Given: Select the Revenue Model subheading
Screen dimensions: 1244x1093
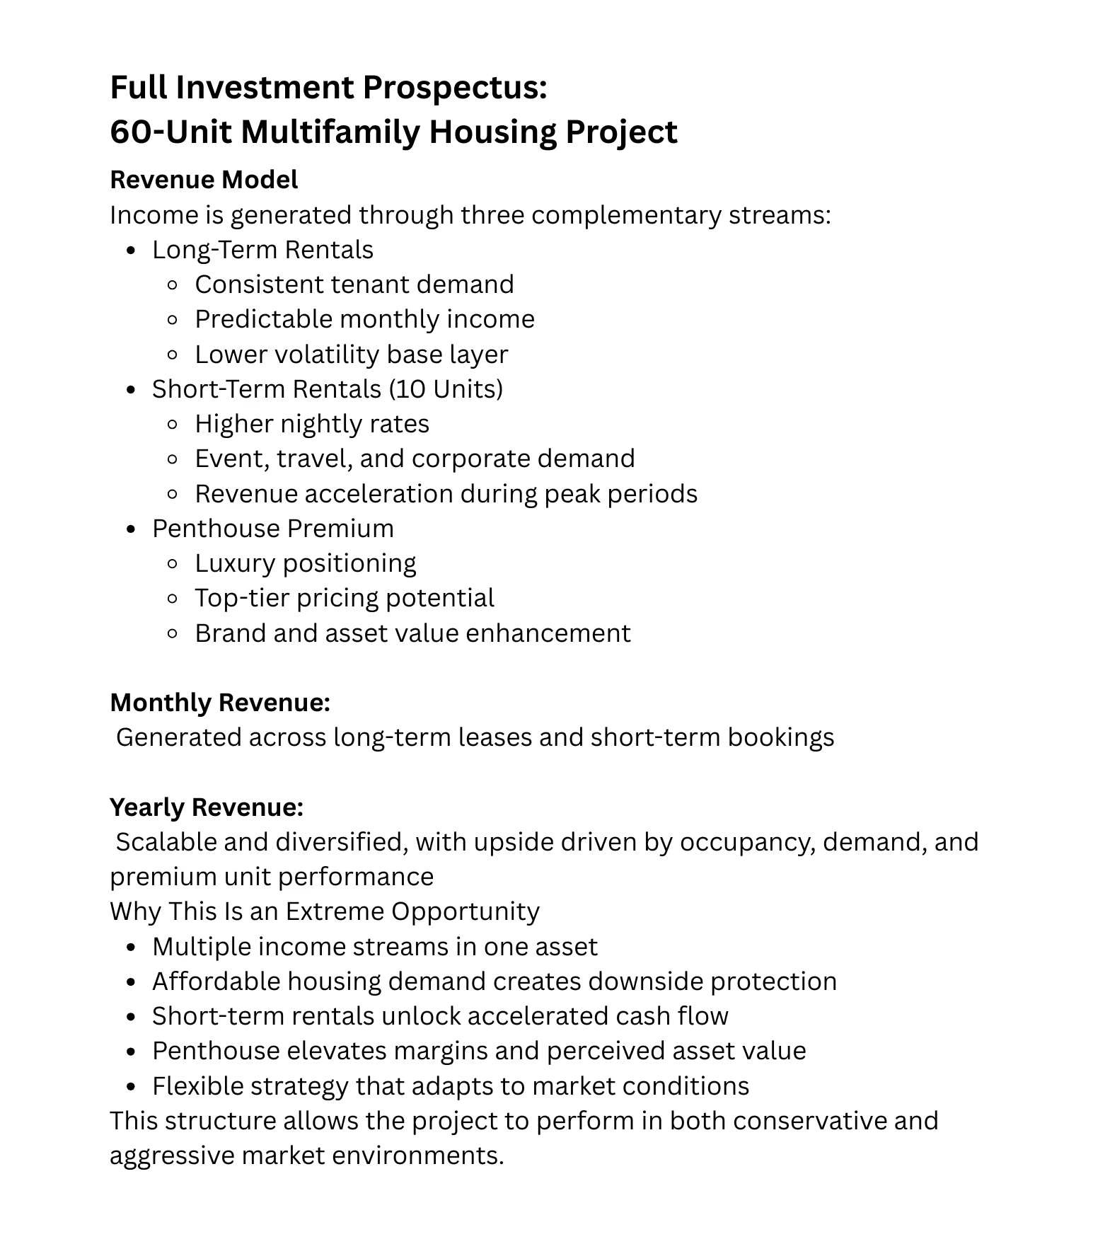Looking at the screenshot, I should (x=204, y=180).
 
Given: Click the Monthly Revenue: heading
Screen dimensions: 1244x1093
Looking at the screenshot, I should (x=220, y=703).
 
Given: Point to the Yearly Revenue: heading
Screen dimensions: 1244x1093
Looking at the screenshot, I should (x=207, y=807).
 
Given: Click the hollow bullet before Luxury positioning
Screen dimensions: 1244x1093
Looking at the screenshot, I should (x=172, y=564).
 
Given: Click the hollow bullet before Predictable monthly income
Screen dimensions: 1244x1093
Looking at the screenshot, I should (x=172, y=320).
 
